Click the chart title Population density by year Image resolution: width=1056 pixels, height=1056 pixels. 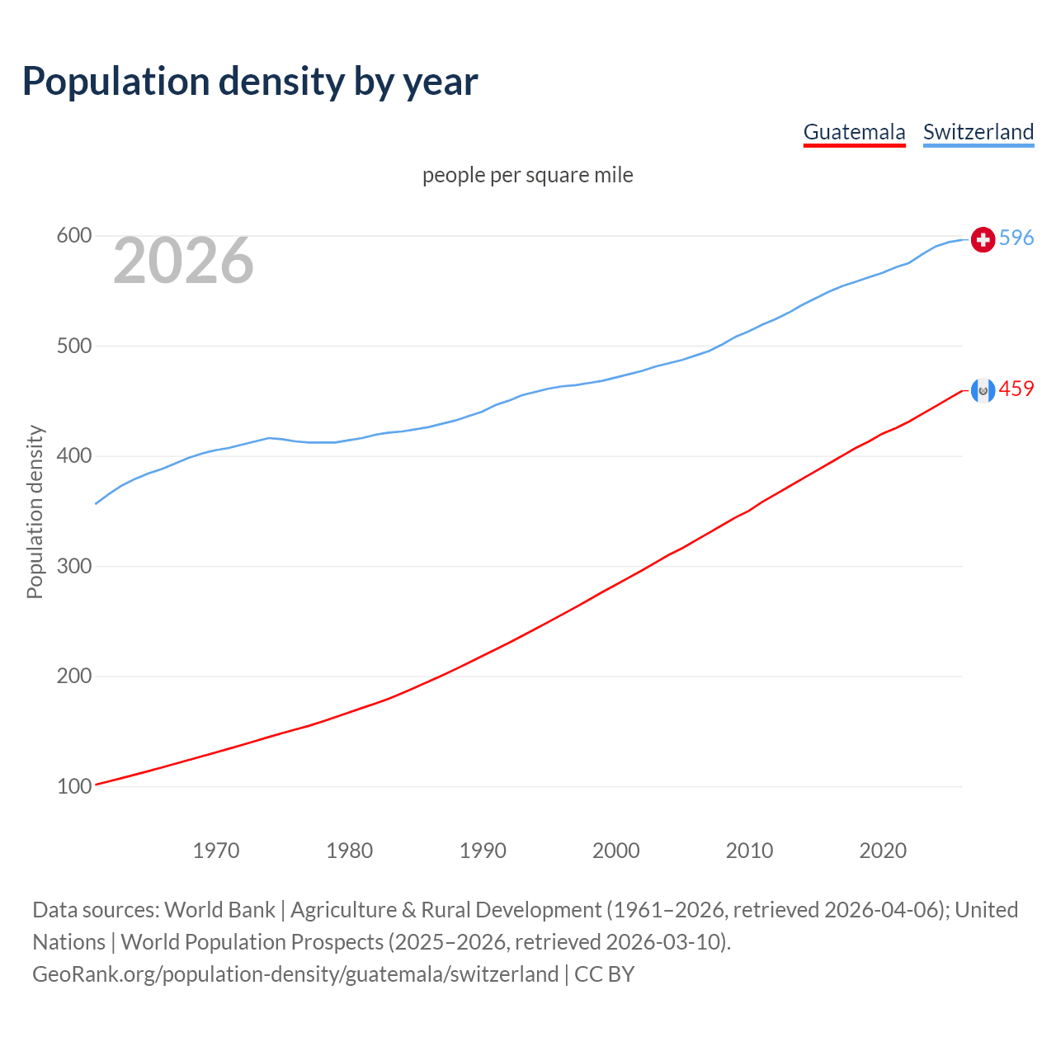pyautogui.click(x=250, y=82)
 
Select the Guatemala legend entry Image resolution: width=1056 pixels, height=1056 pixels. pyautogui.click(x=854, y=132)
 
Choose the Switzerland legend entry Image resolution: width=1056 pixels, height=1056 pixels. pyautogui.click(x=978, y=132)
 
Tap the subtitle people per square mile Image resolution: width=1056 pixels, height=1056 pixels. pyautogui.click(x=527, y=175)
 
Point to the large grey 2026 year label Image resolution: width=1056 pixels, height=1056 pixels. pyautogui.click(x=183, y=261)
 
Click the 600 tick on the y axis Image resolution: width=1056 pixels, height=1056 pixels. pyautogui.click(x=73, y=236)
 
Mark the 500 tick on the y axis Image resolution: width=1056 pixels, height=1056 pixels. pyautogui.click(x=73, y=346)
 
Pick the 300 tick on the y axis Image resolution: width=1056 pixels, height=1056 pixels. pyautogui.click(x=73, y=566)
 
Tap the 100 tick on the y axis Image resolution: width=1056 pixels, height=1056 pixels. pyautogui.click(x=73, y=786)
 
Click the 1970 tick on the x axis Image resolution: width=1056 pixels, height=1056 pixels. pyautogui.click(x=216, y=851)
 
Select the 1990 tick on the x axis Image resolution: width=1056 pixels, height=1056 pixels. pyautogui.click(x=483, y=851)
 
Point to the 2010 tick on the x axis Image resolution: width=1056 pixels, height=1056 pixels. pyautogui.click(x=749, y=851)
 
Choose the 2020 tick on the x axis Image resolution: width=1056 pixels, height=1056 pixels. pyautogui.click(x=883, y=851)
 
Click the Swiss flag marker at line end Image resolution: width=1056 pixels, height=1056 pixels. pyautogui.click(x=983, y=239)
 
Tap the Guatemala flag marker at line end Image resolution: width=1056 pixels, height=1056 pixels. pyautogui.click(x=983, y=390)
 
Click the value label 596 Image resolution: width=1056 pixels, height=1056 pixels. pyautogui.click(x=1016, y=238)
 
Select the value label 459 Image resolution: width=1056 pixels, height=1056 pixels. pyautogui.click(x=1016, y=389)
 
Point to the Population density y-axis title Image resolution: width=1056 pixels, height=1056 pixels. pyautogui.click(x=35, y=511)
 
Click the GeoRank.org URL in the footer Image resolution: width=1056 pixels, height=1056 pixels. pyautogui.click(x=295, y=974)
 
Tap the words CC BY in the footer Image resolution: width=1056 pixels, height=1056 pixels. pyautogui.click(x=604, y=974)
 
